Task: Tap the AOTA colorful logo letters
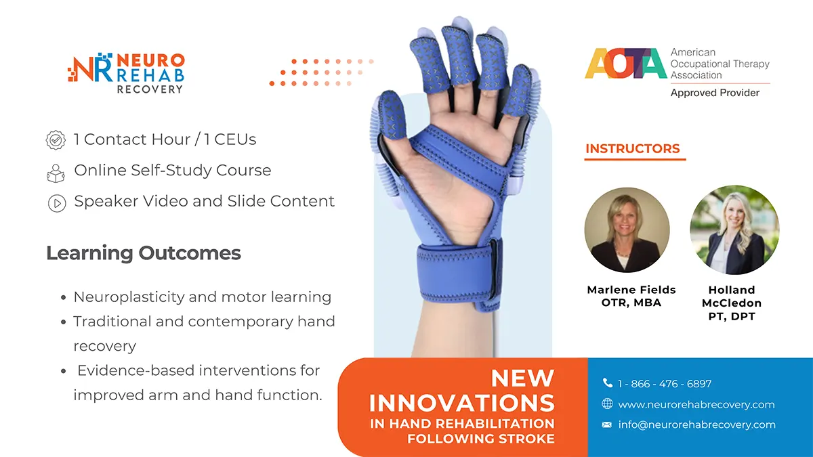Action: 625,64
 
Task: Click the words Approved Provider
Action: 715,93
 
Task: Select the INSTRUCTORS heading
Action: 633,149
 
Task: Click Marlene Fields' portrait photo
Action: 627,230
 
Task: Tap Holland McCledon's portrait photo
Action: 734,230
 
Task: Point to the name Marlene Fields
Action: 631,290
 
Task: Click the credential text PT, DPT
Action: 731,316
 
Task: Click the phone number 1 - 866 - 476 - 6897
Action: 665,384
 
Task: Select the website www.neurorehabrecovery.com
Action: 696,405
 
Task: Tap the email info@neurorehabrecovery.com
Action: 696,425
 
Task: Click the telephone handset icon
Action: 608,384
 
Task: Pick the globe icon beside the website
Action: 608,404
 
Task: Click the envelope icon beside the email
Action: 608,425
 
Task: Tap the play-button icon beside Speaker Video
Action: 56,202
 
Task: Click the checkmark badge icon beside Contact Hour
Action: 56,140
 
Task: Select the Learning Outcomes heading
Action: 144,253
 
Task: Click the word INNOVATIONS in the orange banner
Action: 461,403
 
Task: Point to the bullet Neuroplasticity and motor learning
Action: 202,297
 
